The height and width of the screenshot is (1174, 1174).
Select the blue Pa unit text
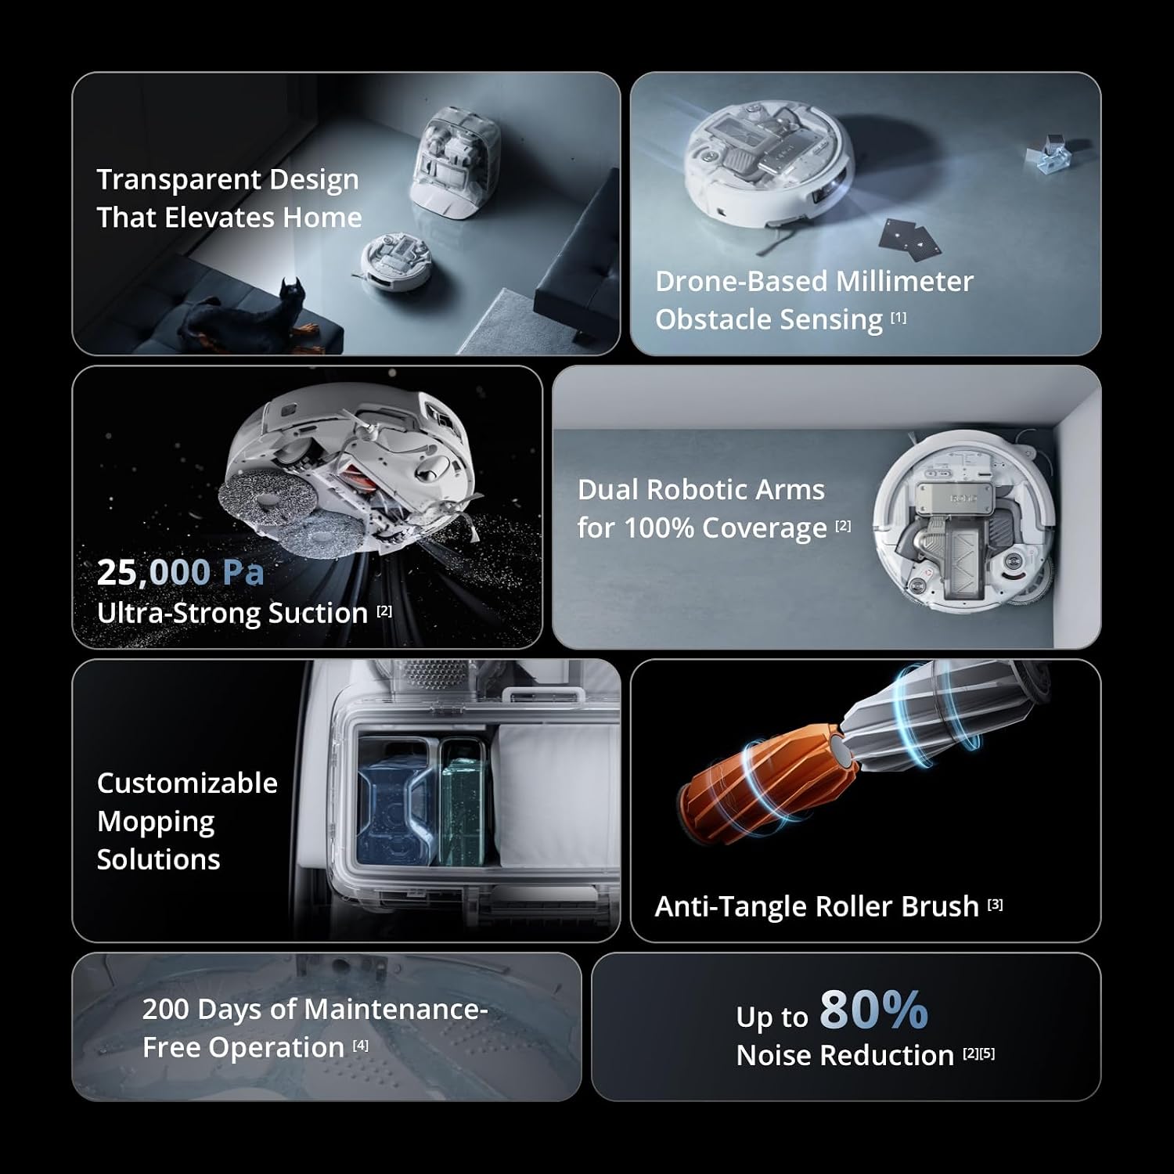click(x=243, y=573)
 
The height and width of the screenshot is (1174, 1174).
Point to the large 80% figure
click(x=873, y=1010)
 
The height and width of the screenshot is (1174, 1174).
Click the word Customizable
click(x=187, y=783)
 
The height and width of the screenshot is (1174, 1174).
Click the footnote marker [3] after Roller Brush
click(x=995, y=904)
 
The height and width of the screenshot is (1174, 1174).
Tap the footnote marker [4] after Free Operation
click(x=360, y=1045)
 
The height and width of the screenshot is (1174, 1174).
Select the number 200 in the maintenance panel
click(x=165, y=1010)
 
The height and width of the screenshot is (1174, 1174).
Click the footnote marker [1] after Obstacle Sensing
click(x=899, y=317)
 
